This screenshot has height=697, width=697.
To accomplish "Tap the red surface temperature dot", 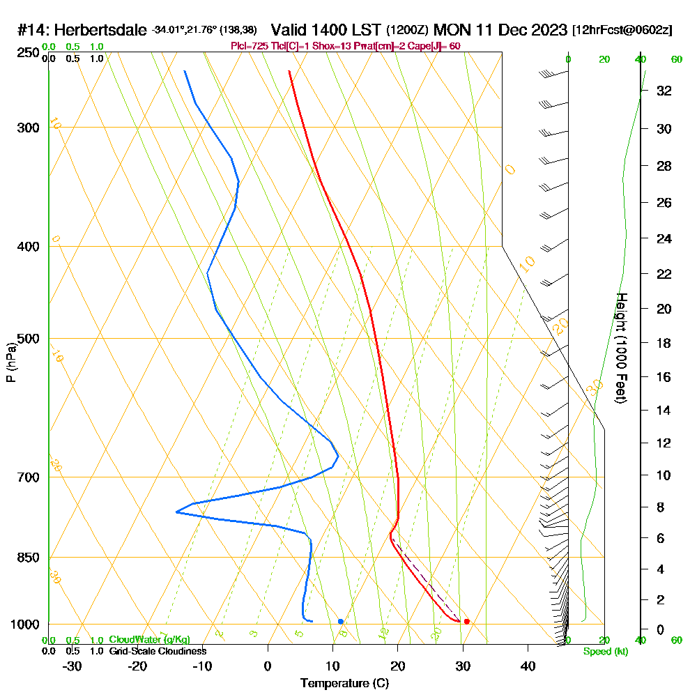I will (466, 621).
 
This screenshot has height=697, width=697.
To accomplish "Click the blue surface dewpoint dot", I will (340, 621).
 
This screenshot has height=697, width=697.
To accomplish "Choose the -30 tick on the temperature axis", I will (72, 666).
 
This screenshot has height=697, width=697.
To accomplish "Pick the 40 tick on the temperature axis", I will (528, 666).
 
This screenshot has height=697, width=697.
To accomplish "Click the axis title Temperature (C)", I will (344, 684).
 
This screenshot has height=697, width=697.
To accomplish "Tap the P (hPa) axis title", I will (10, 362).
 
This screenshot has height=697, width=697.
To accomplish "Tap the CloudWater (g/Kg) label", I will (149, 640).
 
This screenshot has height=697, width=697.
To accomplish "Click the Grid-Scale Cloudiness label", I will (157, 651).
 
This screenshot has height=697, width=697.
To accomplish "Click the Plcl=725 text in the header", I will (249, 46).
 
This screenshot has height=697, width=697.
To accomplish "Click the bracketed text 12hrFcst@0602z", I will (622, 31).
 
